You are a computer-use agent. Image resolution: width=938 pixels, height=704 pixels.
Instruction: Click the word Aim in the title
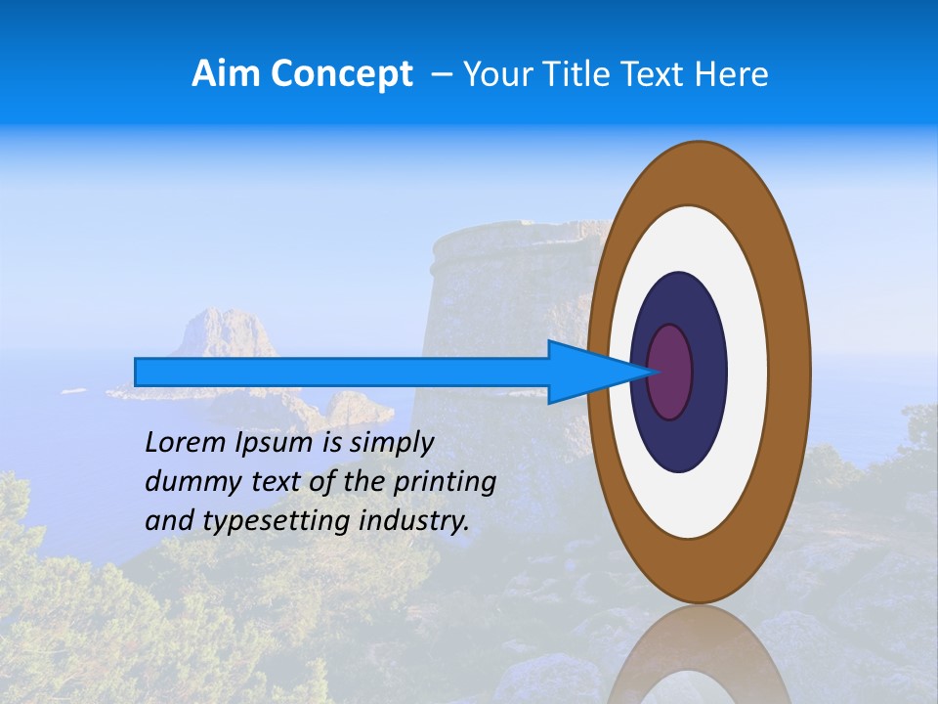tap(227, 74)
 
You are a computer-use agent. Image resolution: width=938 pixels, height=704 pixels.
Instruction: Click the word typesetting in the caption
tap(277, 521)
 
